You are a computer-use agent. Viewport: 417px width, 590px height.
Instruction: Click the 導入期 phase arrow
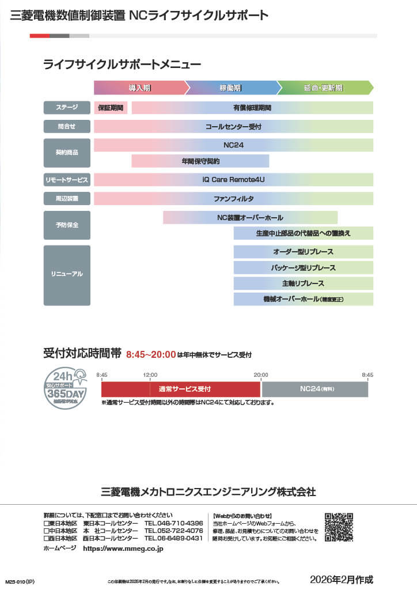coord(140,88)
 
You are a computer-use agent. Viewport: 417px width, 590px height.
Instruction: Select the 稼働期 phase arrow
coord(231,88)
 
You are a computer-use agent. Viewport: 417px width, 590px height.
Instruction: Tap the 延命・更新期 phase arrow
coord(324,88)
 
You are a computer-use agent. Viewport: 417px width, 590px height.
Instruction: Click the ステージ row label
coord(67,108)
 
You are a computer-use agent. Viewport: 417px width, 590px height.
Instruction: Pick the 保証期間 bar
coord(111,108)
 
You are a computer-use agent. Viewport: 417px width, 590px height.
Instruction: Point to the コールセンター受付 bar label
coord(233,126)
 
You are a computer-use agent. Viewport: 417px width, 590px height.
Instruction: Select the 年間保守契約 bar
coord(200,161)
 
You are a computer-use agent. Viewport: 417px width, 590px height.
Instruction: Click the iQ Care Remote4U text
coord(233,180)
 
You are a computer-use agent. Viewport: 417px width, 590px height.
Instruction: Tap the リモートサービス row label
coord(67,180)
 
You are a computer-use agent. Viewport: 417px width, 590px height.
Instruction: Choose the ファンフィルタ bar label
coord(233,199)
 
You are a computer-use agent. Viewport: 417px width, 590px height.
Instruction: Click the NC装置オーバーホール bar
coord(250,218)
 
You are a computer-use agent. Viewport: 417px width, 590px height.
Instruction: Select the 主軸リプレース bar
coord(303,283)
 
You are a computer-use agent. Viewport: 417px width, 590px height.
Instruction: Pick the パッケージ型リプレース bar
coord(303,268)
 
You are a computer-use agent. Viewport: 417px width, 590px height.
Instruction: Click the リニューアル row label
coord(67,275)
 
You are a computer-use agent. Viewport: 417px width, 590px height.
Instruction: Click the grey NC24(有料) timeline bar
coord(315,389)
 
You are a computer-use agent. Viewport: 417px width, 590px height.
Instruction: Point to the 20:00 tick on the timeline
coord(261,376)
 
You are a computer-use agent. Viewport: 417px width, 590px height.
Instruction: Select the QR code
coord(339,527)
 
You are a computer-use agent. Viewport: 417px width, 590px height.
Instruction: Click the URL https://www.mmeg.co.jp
coord(123,549)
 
